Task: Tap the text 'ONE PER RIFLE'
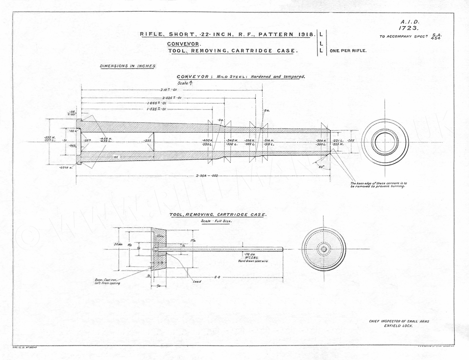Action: coord(348,50)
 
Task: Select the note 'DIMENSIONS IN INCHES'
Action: coord(128,66)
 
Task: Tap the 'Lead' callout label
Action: coord(197,281)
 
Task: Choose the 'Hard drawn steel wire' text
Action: coord(253,260)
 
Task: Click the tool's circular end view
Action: coord(323,249)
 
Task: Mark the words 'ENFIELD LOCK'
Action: coord(398,325)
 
